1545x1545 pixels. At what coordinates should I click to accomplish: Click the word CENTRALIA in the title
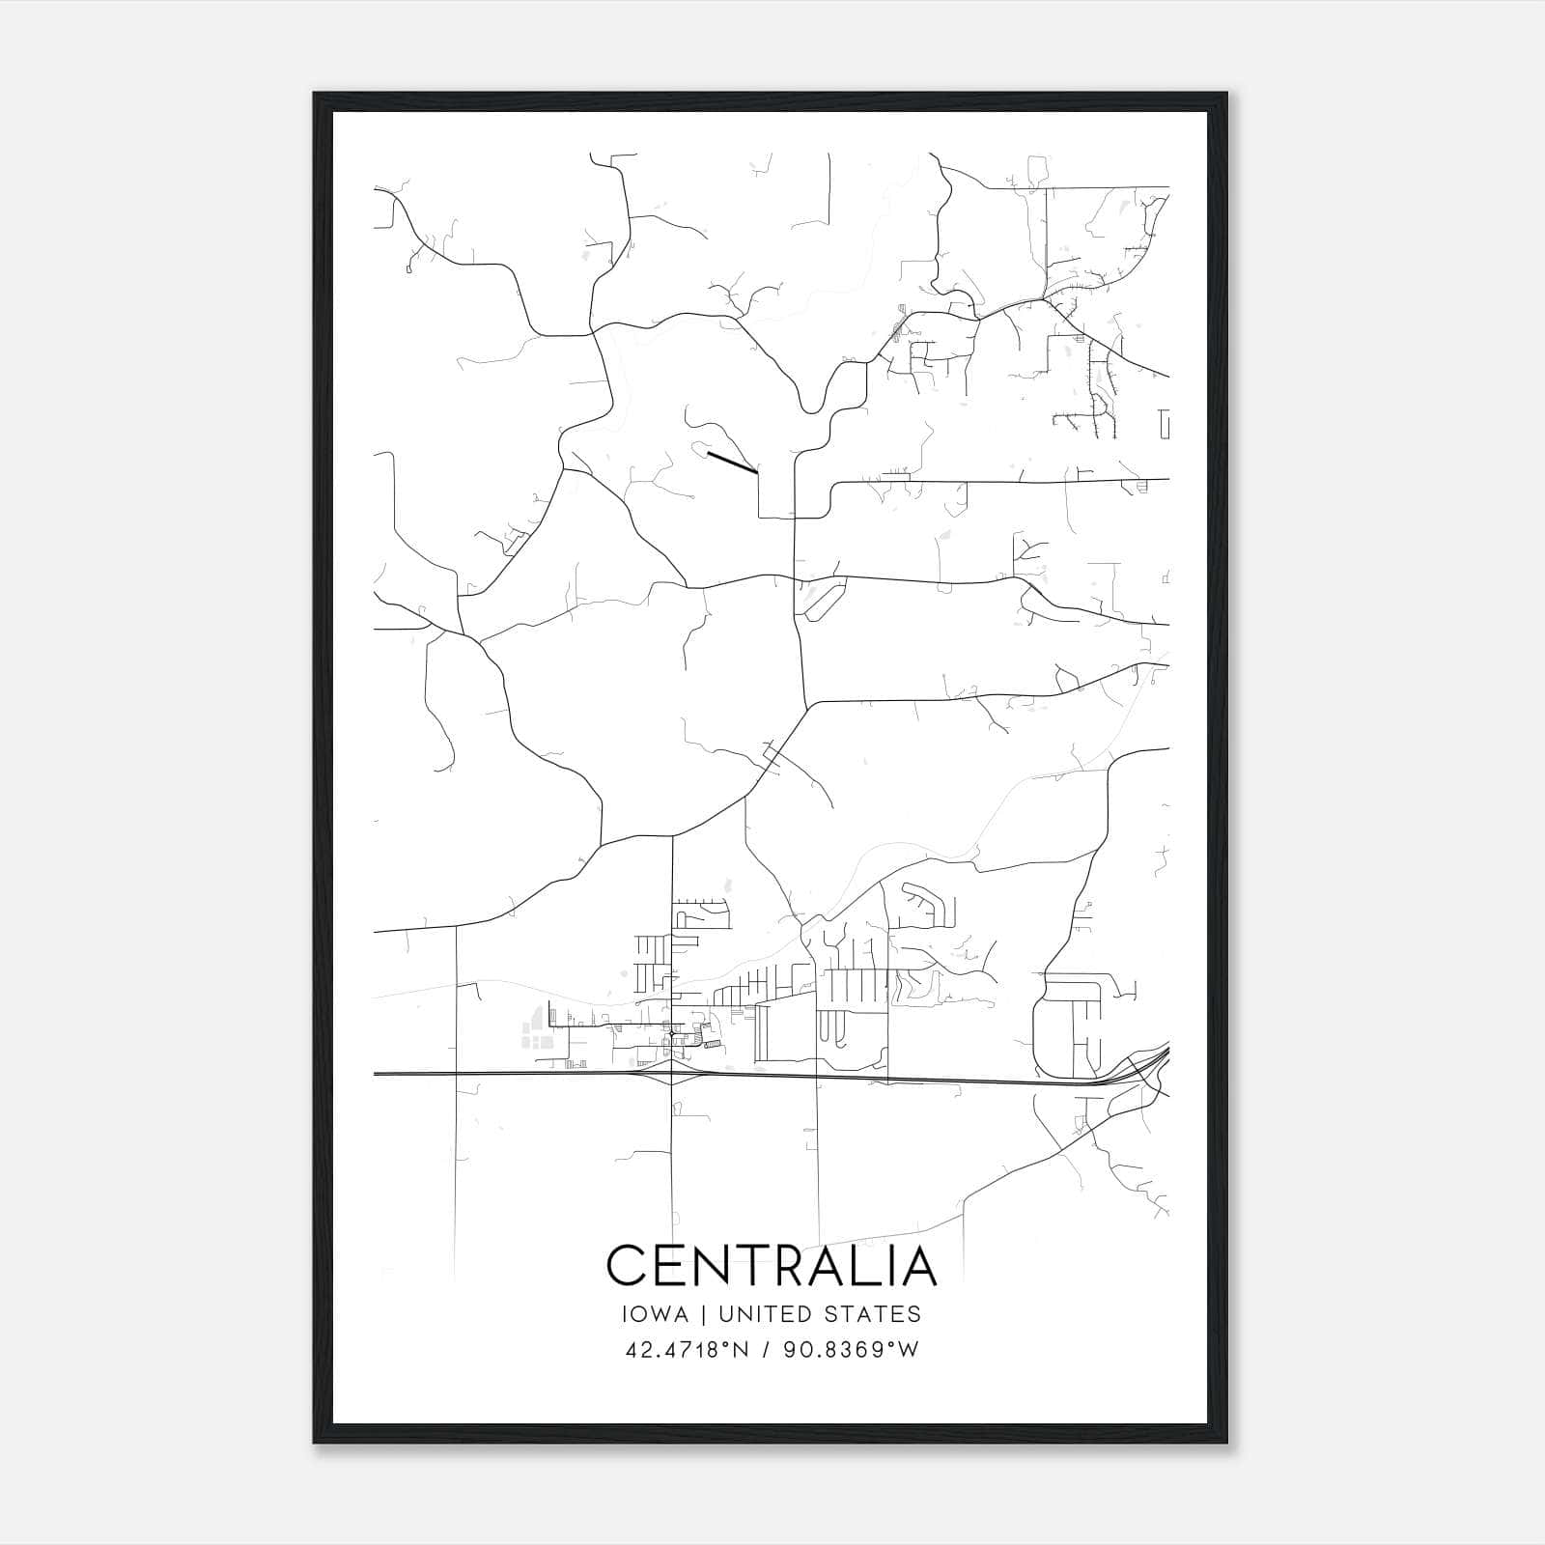[772, 1265]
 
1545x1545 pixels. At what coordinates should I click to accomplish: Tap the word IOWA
[656, 1314]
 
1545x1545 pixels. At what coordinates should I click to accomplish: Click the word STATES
[873, 1314]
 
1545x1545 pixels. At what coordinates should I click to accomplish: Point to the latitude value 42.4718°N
[688, 1350]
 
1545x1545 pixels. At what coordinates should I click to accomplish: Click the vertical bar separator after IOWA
[703, 1314]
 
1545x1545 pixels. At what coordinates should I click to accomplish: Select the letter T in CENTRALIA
[748, 1265]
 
